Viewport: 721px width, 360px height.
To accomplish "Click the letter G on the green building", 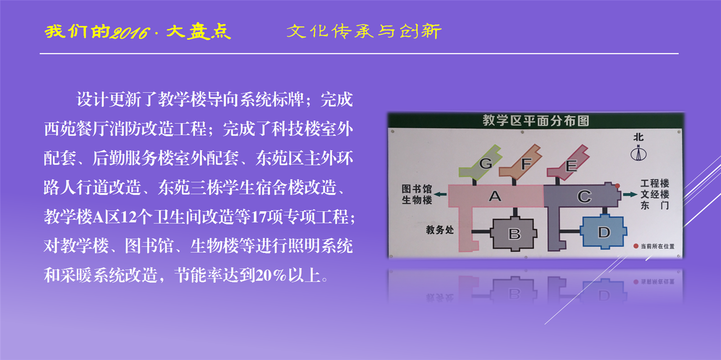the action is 486,164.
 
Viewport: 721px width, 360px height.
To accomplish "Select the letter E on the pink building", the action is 571,166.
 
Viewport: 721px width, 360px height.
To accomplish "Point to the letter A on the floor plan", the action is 495,196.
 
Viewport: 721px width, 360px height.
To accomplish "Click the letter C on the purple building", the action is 584,196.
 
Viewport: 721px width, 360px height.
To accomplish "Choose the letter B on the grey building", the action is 514,234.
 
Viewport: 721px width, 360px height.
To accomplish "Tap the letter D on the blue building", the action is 604,232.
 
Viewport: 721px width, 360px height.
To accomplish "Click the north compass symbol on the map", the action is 639,152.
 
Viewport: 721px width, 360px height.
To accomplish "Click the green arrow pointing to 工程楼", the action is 630,194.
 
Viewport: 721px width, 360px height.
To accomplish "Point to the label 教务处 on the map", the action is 440,230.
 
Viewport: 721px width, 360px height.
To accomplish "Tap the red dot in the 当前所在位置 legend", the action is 636,246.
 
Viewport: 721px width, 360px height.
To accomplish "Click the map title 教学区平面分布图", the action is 536,121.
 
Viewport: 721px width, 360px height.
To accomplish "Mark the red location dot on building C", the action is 617,186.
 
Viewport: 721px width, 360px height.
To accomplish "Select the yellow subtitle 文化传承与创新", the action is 364,32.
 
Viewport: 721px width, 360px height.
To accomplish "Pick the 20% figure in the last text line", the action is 271,275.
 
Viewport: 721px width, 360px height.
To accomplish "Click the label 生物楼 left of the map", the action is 417,200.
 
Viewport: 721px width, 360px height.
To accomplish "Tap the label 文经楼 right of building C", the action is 655,194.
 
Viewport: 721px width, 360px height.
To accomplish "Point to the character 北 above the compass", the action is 639,137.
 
